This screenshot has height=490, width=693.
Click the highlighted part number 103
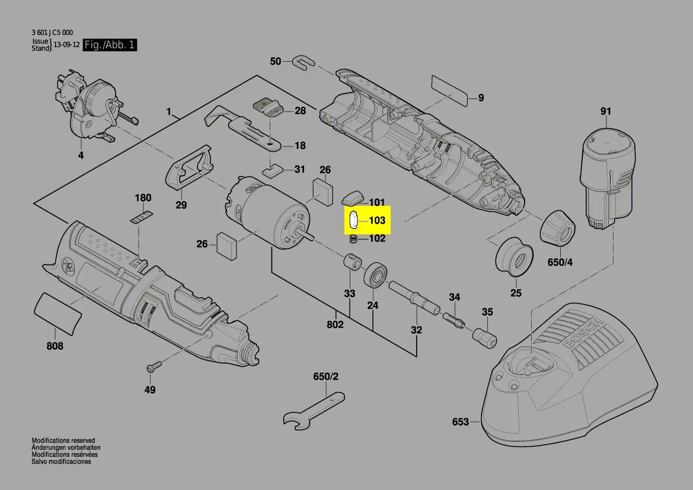pos(377,221)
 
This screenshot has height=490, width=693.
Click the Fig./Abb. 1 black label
pos(110,45)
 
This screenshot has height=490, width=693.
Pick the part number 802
pos(335,324)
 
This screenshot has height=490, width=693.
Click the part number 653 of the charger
pos(461,422)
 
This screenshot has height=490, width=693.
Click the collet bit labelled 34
pos(454,321)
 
